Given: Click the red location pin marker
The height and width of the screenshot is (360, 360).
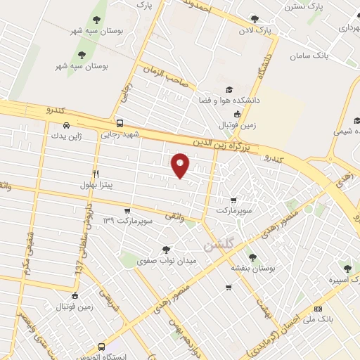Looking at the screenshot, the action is (180, 165).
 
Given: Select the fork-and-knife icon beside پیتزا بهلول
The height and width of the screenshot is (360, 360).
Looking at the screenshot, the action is (96, 174).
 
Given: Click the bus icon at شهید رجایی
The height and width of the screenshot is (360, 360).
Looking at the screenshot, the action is (120, 122).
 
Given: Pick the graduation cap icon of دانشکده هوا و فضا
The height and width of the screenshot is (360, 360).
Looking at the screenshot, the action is (229, 89).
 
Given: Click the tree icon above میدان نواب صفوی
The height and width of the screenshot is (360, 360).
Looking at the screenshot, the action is (167, 250).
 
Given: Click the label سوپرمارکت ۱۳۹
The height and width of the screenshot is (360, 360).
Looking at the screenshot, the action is (127, 221).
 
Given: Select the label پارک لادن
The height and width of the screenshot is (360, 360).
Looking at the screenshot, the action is (254, 32).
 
